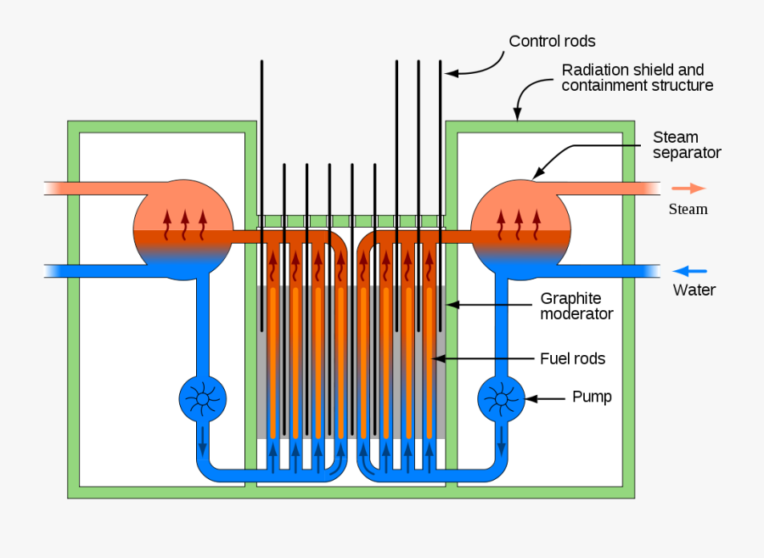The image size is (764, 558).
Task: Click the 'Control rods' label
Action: click(x=552, y=42)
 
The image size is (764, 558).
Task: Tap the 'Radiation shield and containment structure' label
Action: click(x=637, y=77)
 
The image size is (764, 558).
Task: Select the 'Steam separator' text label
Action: click(x=687, y=145)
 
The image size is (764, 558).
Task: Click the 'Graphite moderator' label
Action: click(x=576, y=306)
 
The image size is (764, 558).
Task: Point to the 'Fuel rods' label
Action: click(x=573, y=358)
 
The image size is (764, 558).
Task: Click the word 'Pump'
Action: click(x=592, y=397)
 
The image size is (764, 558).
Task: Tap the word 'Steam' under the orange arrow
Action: click(x=688, y=209)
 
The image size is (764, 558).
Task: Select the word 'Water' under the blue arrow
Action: click(x=694, y=290)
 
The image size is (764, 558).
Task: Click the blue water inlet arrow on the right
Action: click(x=690, y=271)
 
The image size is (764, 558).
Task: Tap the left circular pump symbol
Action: click(x=202, y=398)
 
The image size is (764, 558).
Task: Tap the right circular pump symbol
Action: click(x=501, y=398)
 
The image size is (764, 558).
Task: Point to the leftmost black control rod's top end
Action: click(x=262, y=63)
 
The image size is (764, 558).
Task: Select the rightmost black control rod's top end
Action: click(x=441, y=63)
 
